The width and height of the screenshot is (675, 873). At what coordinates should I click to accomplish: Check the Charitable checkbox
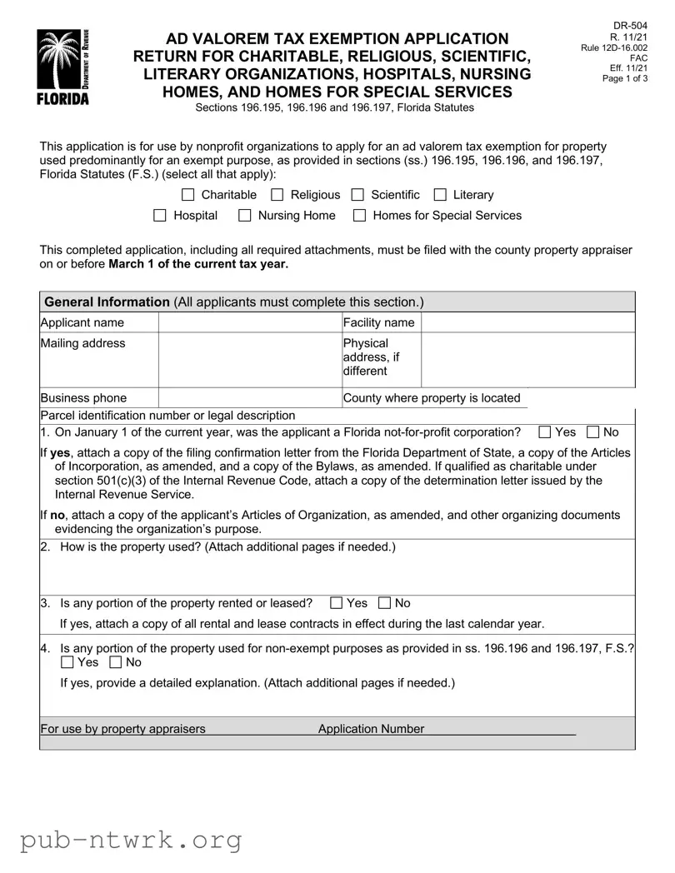coord(187,195)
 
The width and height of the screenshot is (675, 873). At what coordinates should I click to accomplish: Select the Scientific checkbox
coord(357,195)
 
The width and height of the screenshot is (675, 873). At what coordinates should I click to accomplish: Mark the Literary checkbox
coord(440,195)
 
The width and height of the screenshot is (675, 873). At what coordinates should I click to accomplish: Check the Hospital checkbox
coord(160,216)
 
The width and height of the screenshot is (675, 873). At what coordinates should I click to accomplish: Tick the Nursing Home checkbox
coord(245,216)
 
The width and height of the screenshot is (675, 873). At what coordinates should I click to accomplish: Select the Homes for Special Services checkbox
coord(360,216)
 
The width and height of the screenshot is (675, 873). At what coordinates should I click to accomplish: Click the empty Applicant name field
coord(249,322)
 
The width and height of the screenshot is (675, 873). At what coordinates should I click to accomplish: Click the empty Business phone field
coord(249,398)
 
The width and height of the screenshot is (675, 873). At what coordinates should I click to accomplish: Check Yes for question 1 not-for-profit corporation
coord(544,432)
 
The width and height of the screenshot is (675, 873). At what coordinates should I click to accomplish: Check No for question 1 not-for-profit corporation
coord(592,432)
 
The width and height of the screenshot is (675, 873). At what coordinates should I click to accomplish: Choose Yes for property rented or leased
coord(336,603)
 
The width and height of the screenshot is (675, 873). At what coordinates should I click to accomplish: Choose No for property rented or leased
coord(384,603)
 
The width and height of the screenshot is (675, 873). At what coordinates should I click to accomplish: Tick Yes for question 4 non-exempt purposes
coord(67,663)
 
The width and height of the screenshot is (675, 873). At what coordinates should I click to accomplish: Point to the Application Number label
coord(371,730)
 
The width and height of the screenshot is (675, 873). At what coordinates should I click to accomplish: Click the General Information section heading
coord(107,302)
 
